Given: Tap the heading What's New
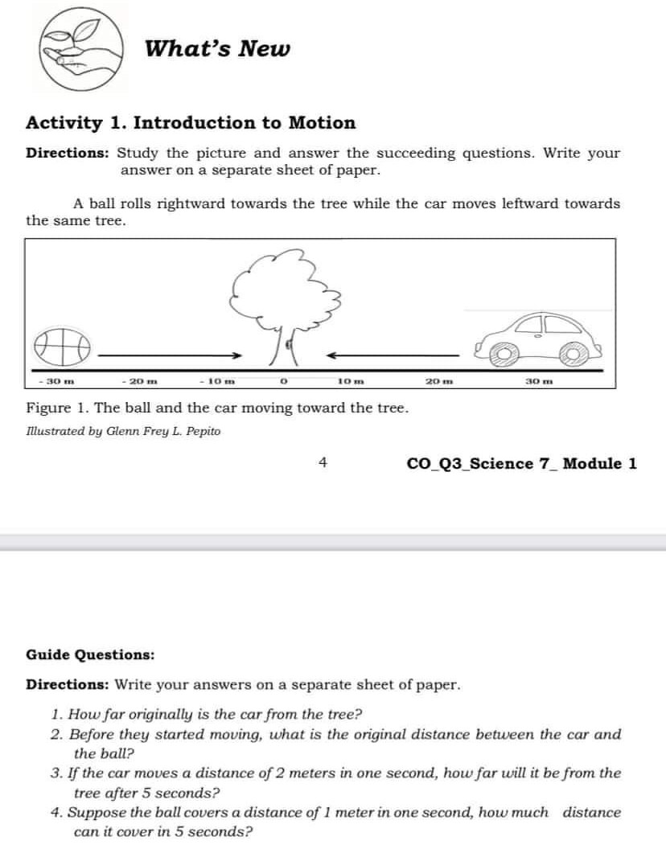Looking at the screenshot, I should [x=218, y=49].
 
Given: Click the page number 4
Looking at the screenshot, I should [x=323, y=462].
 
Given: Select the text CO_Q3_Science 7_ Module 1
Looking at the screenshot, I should [x=522, y=463].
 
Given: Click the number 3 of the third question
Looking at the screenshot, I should [x=55, y=773].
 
